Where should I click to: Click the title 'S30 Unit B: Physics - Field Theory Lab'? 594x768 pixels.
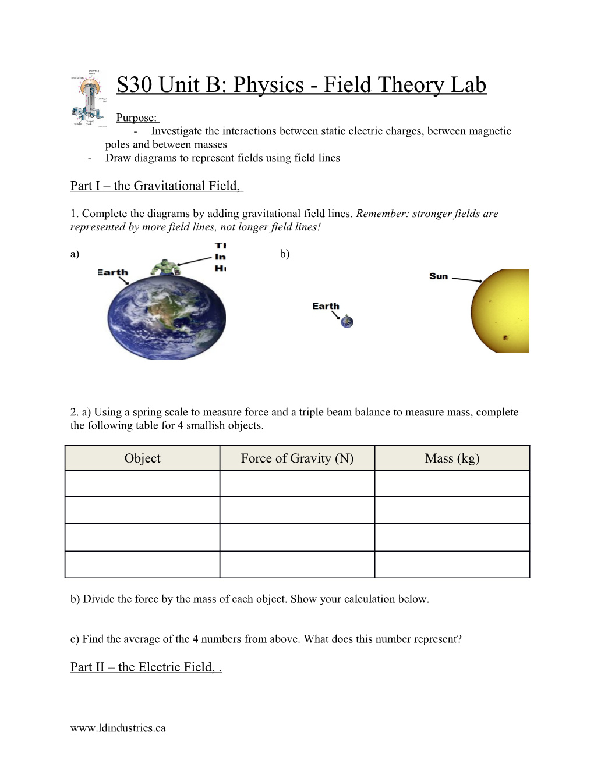pos(301,85)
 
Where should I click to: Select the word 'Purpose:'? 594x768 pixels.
pos(136,118)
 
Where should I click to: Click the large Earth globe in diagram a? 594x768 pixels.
pos(167,317)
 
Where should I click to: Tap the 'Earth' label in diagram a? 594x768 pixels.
pos(113,272)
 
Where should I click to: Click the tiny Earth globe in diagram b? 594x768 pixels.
pos(347,321)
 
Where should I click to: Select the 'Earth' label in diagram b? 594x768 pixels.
pos(326,306)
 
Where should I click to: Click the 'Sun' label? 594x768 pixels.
pos(439,276)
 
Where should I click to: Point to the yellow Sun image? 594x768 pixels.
pos(501,311)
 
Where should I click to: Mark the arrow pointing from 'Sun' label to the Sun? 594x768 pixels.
pos(467,280)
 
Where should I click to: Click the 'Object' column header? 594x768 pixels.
pos(142,458)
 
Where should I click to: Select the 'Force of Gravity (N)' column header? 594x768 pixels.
pos(297,458)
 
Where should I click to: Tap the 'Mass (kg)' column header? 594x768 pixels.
pos(452,458)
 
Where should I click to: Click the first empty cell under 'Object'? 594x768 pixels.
pos(142,483)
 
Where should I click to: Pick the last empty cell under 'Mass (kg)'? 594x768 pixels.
pos(452,564)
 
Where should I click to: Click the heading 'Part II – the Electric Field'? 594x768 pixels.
pos(145,667)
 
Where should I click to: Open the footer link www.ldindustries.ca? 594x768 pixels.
pos(118,728)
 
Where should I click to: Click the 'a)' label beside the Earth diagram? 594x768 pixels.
pos(75,254)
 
